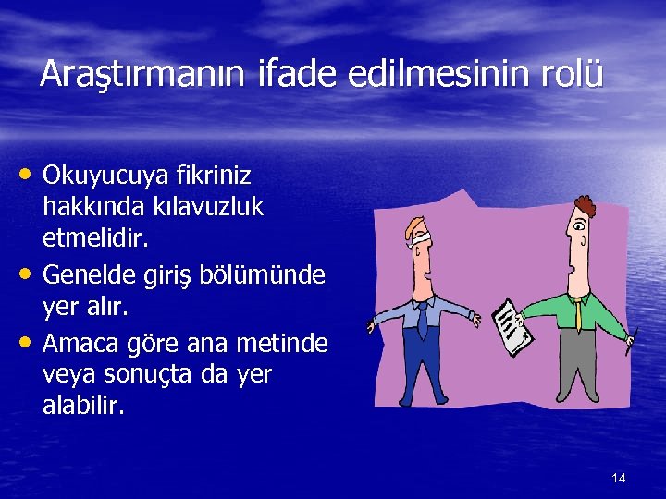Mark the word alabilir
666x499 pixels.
(83, 407)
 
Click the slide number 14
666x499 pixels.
(619, 478)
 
